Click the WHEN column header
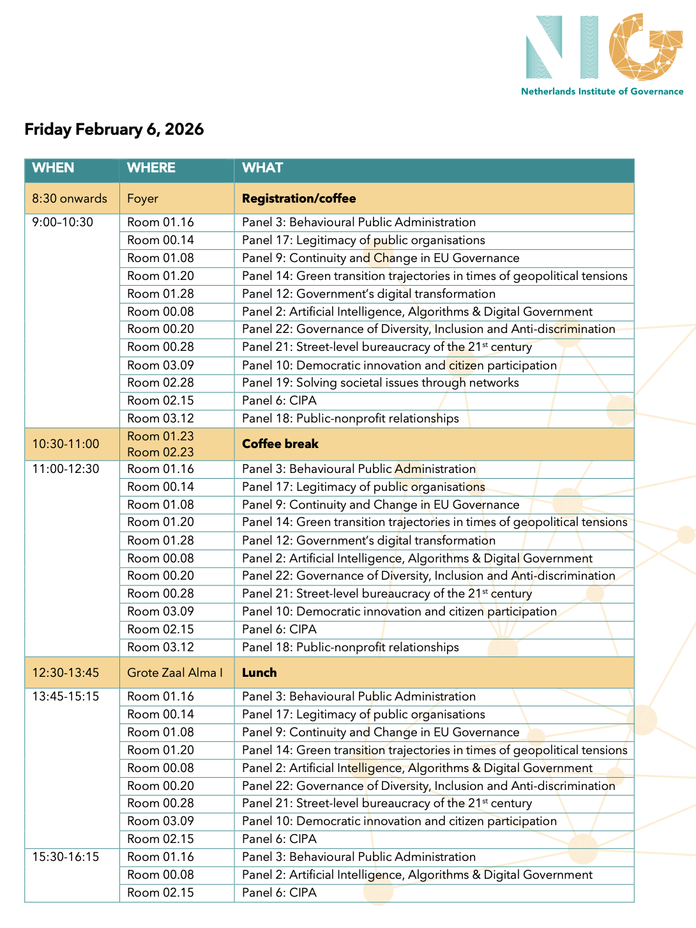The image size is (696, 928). [x=53, y=168]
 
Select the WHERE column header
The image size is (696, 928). [x=151, y=168]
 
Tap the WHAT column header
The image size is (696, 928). [x=262, y=168]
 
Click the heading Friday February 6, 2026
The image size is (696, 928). [x=114, y=129]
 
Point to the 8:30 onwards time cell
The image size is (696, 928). [x=70, y=199]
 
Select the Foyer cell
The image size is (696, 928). [x=142, y=199]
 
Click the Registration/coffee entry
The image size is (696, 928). [x=299, y=199]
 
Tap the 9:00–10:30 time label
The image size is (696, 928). [x=63, y=222]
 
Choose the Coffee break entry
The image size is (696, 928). [x=280, y=444]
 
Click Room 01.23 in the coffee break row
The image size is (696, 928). [x=160, y=437]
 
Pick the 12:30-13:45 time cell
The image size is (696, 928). [x=66, y=673]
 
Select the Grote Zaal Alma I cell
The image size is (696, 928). [x=175, y=673]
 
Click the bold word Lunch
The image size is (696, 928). [x=259, y=673]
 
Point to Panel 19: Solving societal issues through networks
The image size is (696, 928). [x=380, y=383]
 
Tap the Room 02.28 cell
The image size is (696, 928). [x=160, y=383]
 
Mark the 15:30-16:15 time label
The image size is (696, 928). [x=66, y=857]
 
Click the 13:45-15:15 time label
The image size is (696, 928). [x=66, y=697]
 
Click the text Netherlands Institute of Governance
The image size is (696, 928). [x=602, y=91]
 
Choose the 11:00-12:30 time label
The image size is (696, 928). [x=66, y=469]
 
